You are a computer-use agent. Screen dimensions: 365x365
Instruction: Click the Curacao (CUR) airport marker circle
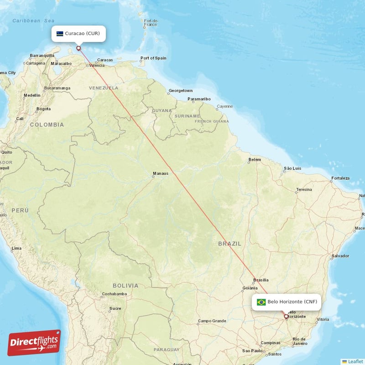pos(78,48)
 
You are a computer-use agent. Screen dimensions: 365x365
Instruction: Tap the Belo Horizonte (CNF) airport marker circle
pos(286,316)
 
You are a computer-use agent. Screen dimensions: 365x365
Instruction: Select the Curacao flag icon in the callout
pos(60,33)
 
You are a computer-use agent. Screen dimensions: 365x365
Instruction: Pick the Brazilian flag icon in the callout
pos(261,302)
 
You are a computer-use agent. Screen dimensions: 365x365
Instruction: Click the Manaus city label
pos(161,173)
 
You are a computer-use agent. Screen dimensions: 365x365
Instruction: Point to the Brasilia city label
pos(261,280)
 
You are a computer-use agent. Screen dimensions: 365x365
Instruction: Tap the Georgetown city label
pos(181,90)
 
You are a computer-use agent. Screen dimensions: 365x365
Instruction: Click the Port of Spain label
pos(153,58)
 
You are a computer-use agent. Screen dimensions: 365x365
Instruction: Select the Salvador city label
pos(340,255)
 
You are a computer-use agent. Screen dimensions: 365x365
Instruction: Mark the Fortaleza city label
pos(340,178)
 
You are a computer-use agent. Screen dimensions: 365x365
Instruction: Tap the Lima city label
pos(16,248)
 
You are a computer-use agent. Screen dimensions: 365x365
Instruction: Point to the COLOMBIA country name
pos(47,125)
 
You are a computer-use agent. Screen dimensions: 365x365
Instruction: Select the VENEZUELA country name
pos(104,88)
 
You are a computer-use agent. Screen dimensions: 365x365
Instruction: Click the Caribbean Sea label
pos(33,21)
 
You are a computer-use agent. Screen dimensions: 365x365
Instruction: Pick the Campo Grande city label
pos(212,321)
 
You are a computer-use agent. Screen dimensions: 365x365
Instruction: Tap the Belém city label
pos(255,160)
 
